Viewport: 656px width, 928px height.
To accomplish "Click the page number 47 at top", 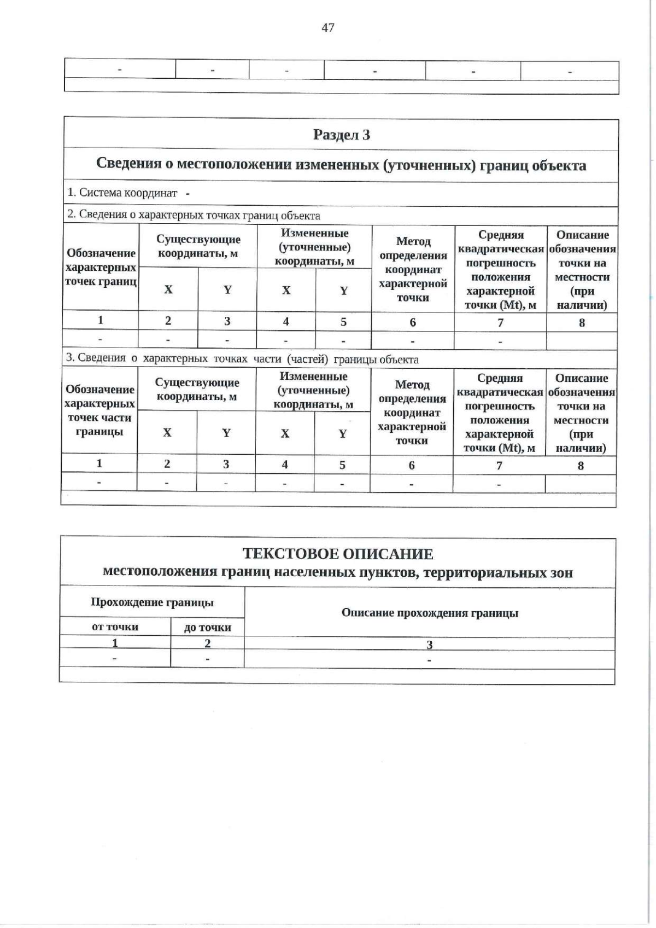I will click(328, 27).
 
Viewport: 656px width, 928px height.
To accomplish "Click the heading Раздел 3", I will click(341, 135).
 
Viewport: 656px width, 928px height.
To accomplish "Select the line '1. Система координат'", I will click(122, 193).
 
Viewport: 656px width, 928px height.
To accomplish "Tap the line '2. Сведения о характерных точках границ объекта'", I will click(194, 215).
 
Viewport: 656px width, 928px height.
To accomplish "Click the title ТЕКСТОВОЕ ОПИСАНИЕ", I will click(338, 554).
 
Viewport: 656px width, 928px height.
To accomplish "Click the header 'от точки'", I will click(115, 627).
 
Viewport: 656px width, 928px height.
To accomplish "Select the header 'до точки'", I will click(208, 628).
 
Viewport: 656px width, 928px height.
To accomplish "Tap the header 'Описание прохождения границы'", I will click(430, 613).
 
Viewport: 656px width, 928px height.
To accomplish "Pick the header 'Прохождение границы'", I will click(152, 602).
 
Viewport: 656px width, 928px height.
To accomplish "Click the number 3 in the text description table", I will click(430, 645).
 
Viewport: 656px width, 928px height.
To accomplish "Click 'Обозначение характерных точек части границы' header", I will click(99, 410).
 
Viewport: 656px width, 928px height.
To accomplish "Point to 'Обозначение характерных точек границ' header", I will click(101, 268).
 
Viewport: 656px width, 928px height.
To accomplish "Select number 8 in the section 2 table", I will click(582, 322).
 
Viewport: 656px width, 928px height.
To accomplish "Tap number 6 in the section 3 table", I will click(412, 465).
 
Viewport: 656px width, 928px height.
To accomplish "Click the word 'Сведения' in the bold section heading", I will click(128, 164).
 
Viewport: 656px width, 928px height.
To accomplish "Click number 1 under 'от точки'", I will click(115, 643).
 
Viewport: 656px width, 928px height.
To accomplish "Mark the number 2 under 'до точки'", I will click(208, 643).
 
